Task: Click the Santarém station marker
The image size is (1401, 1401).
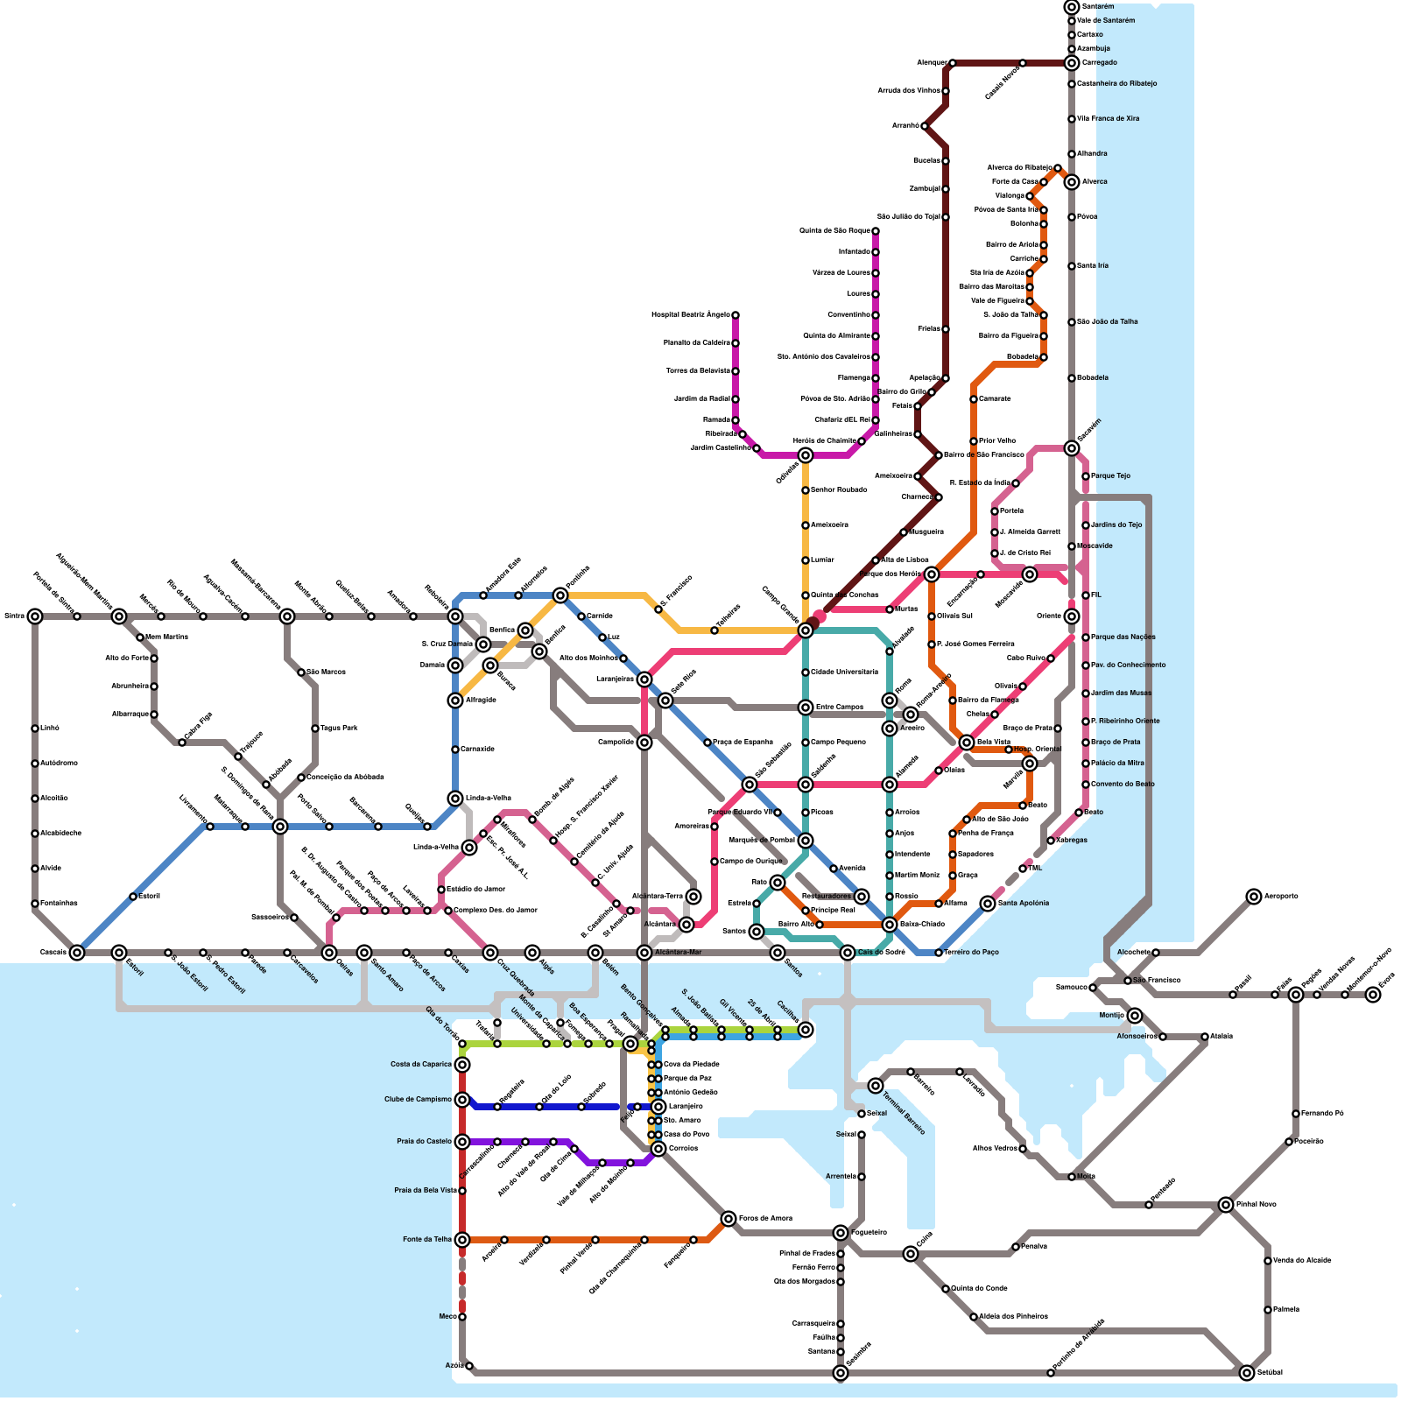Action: pos(1072,7)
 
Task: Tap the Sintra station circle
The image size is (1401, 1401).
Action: pos(35,616)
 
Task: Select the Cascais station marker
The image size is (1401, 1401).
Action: pos(77,953)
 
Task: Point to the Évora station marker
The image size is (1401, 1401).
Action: pos(1373,995)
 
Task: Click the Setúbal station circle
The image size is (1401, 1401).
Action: pos(1247,1373)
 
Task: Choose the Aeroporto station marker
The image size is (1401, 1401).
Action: pos(1254,897)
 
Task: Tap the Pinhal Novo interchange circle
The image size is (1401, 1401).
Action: pos(1226,1205)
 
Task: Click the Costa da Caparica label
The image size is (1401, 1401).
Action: pos(421,1065)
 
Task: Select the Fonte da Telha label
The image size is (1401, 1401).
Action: pos(427,1240)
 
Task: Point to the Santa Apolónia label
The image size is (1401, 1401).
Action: pos(1024,904)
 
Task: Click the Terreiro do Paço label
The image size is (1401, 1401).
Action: pos(971,953)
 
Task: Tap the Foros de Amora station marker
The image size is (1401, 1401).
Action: pos(729,1219)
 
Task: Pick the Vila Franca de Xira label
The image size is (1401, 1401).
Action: pos(1108,119)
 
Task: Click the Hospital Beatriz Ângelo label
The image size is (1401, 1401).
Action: pos(690,315)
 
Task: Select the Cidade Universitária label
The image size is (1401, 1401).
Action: pos(844,672)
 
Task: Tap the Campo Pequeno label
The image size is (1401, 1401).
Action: pos(838,743)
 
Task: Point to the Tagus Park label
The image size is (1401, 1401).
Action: pos(339,729)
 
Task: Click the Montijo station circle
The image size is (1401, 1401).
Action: pos(1135,1016)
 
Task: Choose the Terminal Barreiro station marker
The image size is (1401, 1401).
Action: pos(876,1086)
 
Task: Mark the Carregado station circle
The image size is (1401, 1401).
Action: pos(1072,63)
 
